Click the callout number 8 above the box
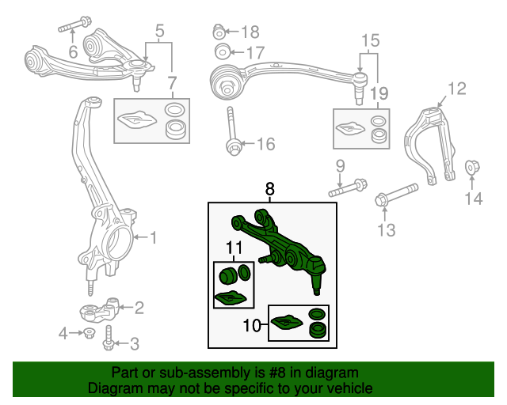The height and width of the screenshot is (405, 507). pyautogui.click(x=269, y=190)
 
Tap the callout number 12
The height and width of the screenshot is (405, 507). pyautogui.click(x=457, y=88)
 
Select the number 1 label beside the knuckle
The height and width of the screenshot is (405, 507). pyautogui.click(x=154, y=237)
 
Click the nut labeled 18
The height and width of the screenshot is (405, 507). pyautogui.click(x=219, y=32)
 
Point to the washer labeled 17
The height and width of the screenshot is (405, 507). pyautogui.click(x=221, y=52)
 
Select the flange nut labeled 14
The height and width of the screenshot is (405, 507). pyautogui.click(x=472, y=168)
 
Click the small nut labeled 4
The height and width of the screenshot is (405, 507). pyautogui.click(x=89, y=333)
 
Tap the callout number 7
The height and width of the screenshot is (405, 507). pyautogui.click(x=172, y=83)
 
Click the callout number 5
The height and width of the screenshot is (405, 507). pyautogui.click(x=159, y=32)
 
